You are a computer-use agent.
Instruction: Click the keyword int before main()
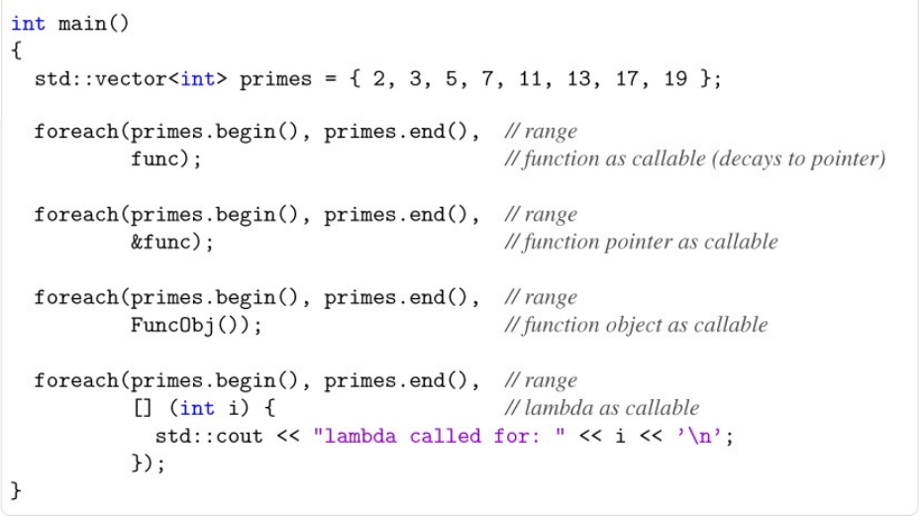coord(28,24)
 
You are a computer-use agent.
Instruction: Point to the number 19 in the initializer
coord(676,79)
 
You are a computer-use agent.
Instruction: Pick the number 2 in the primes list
coord(379,79)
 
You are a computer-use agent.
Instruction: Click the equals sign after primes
coord(331,79)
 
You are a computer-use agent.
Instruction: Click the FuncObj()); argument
coord(196,325)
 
